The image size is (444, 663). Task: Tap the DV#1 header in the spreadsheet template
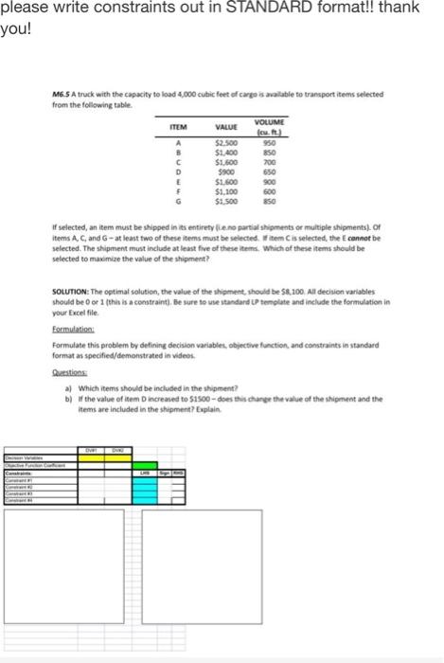[x=94, y=450]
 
